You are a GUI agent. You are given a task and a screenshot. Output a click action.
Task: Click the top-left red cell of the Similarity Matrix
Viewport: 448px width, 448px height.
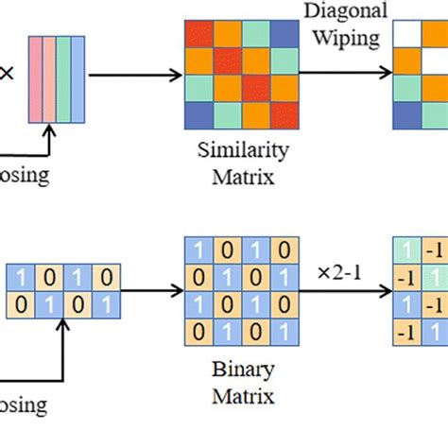click(198, 36)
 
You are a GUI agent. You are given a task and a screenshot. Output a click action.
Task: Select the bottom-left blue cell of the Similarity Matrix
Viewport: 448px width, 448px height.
click(198, 115)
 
